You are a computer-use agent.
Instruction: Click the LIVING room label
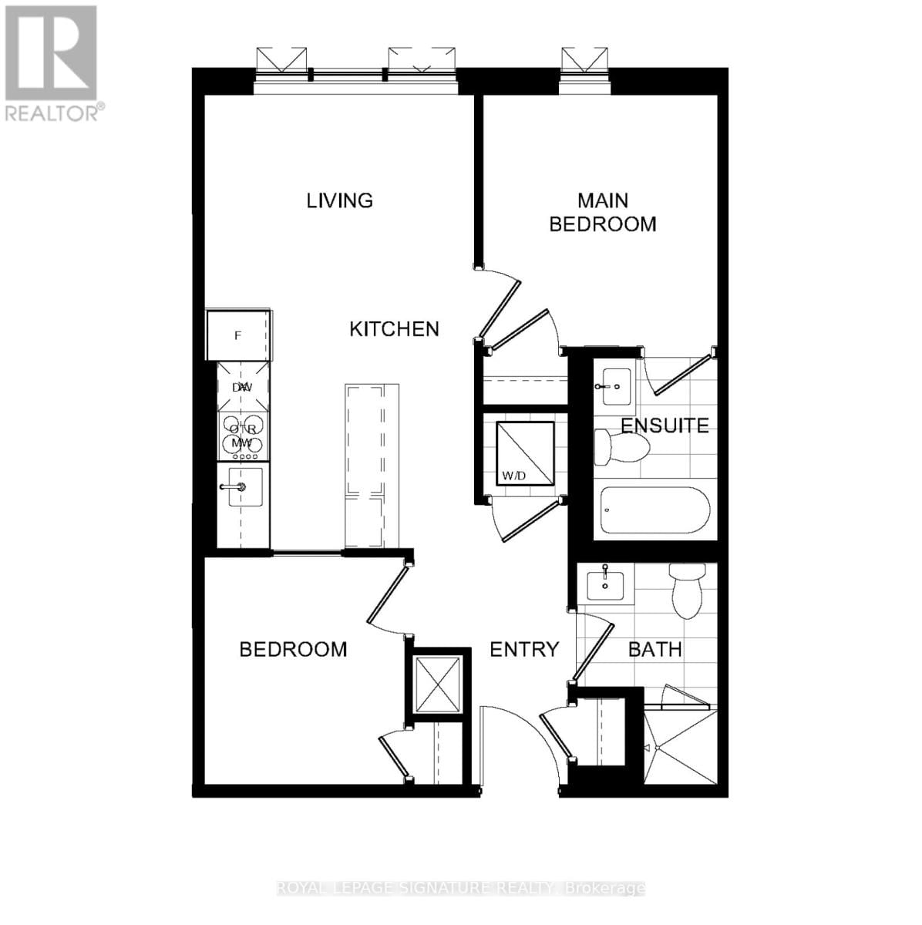tap(339, 200)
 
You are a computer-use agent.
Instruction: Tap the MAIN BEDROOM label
tap(602, 212)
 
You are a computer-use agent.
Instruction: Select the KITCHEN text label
tap(394, 329)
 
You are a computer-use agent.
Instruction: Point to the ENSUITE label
tap(665, 425)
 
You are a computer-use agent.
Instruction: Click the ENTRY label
tap(524, 650)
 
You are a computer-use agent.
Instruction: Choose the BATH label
tap(654, 650)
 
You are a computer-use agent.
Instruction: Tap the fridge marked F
tap(239, 335)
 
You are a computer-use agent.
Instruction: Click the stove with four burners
tap(244, 436)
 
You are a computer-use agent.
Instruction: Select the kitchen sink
tap(244, 487)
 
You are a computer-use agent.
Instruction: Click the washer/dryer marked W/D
tap(524, 453)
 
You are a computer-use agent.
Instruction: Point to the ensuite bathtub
tap(654, 510)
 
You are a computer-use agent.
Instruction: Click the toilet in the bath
tap(687, 590)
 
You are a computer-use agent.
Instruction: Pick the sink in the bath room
tap(606, 584)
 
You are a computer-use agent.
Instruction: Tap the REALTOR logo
tap(52, 62)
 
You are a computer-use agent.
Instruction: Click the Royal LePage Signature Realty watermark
tap(460, 888)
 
